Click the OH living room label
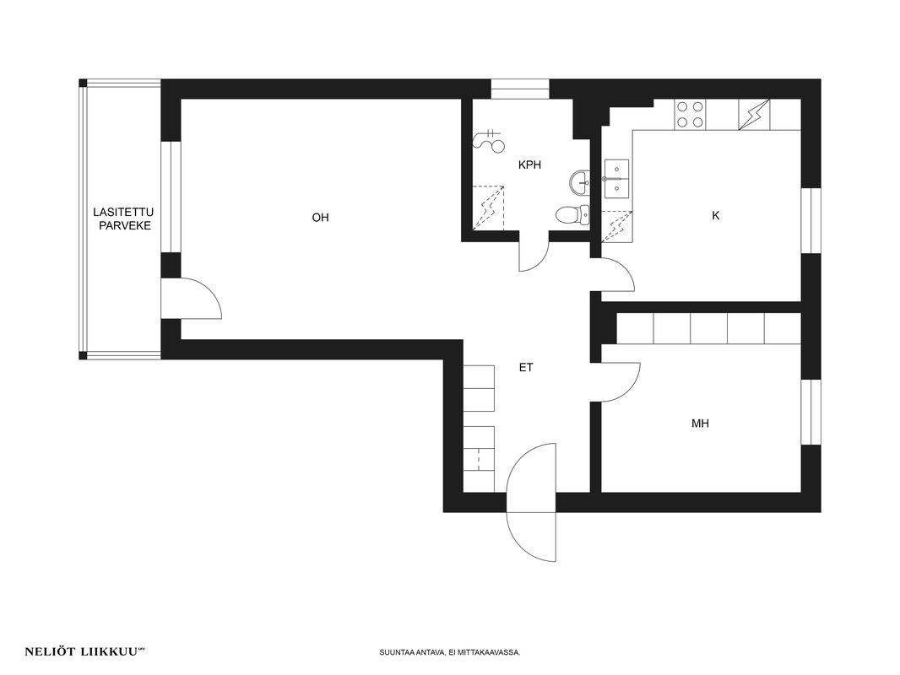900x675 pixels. (320, 218)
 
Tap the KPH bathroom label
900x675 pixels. (529, 165)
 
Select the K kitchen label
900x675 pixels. (715, 216)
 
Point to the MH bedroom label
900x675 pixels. (700, 424)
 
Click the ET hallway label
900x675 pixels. (526, 368)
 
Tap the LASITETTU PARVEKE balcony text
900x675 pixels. (124, 219)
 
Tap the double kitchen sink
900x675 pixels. (617, 178)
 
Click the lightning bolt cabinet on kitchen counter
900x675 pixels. (753, 115)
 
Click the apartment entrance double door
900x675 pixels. (532, 502)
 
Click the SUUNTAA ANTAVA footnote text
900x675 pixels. (450, 652)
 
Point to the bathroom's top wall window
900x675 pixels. (520, 89)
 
